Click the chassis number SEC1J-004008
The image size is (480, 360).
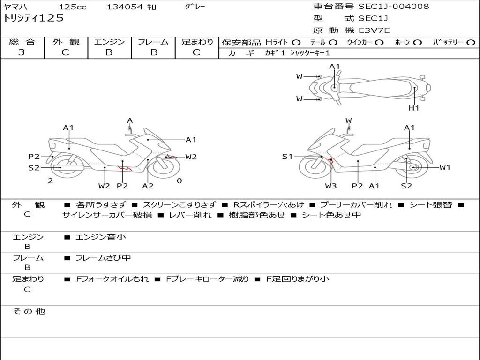[393, 7]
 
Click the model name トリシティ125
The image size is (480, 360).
[33, 18]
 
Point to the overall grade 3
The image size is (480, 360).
[22, 52]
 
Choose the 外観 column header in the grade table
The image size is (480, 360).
[66, 42]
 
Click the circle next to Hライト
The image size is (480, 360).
[296, 42]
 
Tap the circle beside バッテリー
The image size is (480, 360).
[471, 42]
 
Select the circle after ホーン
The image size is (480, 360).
[418, 42]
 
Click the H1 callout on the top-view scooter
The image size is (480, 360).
[413, 108]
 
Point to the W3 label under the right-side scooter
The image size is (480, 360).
[331, 186]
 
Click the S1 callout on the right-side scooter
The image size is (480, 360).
[287, 157]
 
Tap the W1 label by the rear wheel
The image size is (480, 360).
[444, 167]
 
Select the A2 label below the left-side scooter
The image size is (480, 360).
[148, 186]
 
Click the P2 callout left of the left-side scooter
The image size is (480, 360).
[34, 157]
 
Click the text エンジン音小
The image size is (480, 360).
[101, 237]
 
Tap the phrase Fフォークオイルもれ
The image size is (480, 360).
[112, 279]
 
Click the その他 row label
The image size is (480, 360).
[29, 311]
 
